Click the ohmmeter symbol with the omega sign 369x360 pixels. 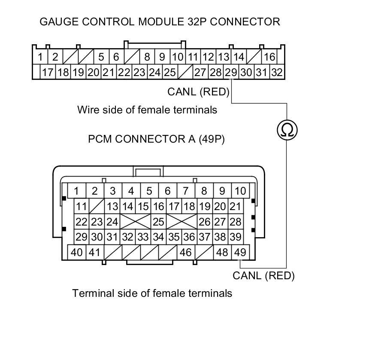[287, 130]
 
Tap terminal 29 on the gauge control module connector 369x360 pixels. [231, 72]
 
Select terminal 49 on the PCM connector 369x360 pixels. [240, 252]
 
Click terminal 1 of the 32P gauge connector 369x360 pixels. [40, 57]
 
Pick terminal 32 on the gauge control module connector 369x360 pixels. [277, 72]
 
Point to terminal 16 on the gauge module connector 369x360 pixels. [269, 57]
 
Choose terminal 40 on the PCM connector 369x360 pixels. [77, 252]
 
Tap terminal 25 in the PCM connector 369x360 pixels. [158, 222]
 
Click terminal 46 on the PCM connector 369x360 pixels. [185, 252]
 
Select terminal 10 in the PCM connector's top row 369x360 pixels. [240, 191]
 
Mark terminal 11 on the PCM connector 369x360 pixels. [81, 207]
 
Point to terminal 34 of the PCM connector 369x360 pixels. [158, 237]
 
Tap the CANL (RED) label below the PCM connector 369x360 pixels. [263, 275]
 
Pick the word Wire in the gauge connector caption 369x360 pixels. [87, 110]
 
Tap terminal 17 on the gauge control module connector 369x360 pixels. [47, 72]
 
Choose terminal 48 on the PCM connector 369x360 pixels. [222, 252]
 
